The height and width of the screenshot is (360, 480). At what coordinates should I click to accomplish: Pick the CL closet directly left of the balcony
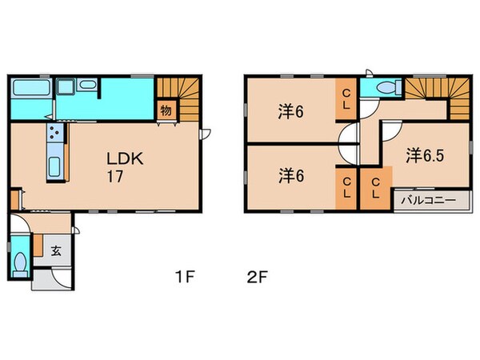pyautogui.click(x=375, y=190)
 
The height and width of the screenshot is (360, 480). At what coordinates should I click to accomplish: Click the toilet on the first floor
pyautogui.click(x=21, y=262)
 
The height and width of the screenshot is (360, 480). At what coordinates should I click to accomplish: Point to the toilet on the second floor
pyautogui.click(x=383, y=88)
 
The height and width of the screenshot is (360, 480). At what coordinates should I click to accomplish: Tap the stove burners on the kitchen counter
pyautogui.click(x=55, y=134)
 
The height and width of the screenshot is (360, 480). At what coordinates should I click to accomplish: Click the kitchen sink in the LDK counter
pyautogui.click(x=54, y=166)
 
